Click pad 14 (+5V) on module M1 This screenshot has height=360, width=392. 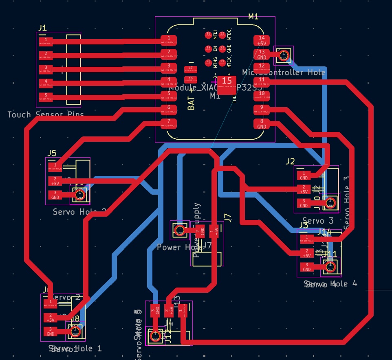coord(262,40)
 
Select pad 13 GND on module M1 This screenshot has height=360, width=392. coord(262,54)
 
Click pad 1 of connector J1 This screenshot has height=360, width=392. coord(46,41)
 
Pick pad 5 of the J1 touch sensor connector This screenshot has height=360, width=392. coord(46,97)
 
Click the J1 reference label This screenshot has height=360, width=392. coord(42,28)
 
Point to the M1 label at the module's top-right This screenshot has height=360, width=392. coord(253,16)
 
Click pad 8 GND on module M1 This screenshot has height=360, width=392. coord(262,123)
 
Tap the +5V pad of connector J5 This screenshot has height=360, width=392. coord(55,181)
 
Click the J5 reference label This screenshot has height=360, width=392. coord(52,153)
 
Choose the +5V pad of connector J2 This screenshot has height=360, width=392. coord(304,189)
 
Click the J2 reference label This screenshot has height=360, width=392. coord(290,161)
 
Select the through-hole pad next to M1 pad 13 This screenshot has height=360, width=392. coord(283,55)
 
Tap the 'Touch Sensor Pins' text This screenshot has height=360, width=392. coord(46,114)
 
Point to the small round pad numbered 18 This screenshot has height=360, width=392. coord(208,34)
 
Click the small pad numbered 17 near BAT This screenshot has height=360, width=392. coord(190,68)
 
